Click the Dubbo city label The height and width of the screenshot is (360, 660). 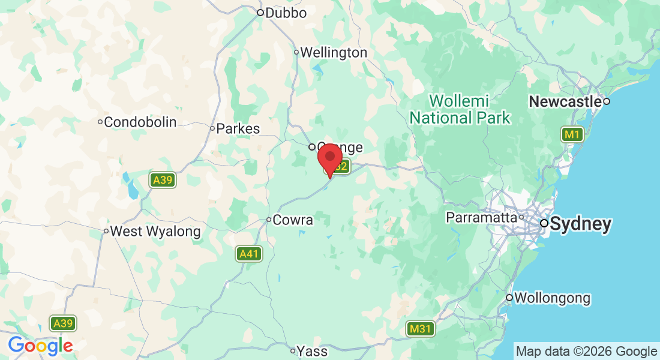(x=286, y=13)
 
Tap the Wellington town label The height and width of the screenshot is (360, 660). (x=333, y=53)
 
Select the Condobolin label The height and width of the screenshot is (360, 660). (x=140, y=122)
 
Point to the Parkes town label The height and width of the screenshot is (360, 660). (x=238, y=128)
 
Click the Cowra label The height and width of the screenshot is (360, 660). (x=292, y=220)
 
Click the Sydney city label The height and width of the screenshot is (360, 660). (x=580, y=224)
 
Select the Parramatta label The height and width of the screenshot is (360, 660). (x=482, y=217)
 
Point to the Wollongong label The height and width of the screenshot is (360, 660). (x=552, y=298)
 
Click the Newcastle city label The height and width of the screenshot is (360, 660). (x=565, y=102)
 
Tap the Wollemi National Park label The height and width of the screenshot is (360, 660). (x=460, y=109)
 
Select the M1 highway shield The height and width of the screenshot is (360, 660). (x=572, y=134)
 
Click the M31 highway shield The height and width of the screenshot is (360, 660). (x=421, y=329)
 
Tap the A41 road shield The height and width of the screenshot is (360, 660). (x=248, y=254)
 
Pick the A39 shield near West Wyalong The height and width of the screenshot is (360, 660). (x=163, y=179)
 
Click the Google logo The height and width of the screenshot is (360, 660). (x=40, y=346)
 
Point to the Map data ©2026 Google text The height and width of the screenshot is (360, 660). (x=586, y=351)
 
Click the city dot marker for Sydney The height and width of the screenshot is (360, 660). (x=544, y=223)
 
